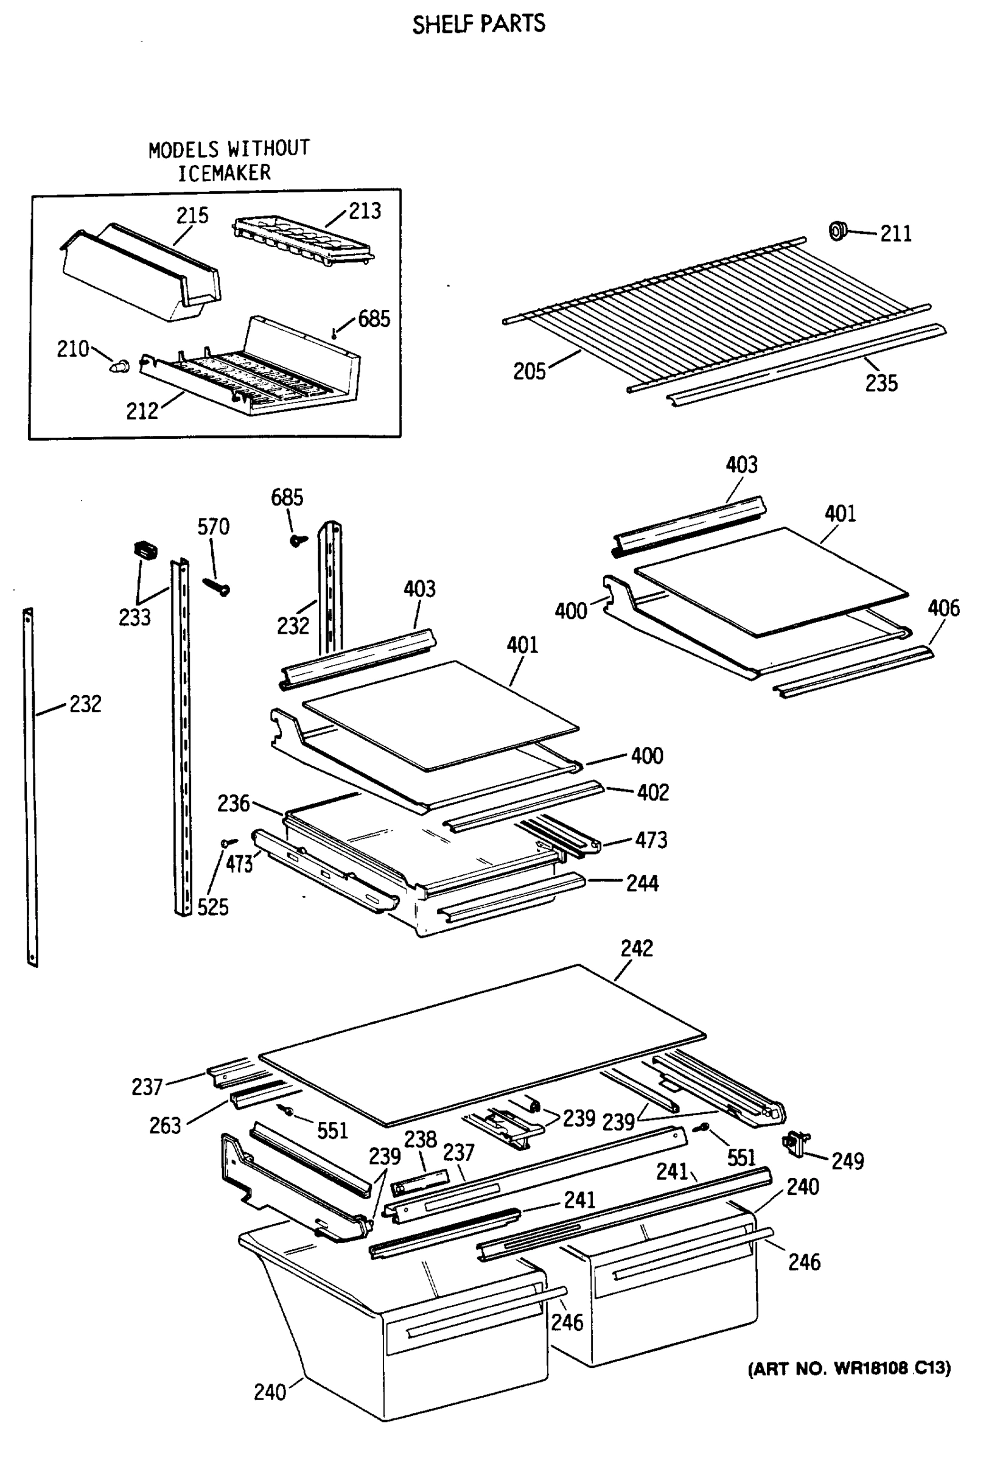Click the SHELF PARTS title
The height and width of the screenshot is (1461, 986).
[x=478, y=24]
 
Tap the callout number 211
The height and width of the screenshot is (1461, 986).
[x=895, y=234]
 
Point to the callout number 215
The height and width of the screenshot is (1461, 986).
[x=192, y=215]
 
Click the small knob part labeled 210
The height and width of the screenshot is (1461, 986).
[x=119, y=365]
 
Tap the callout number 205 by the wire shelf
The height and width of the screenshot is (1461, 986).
[x=529, y=371]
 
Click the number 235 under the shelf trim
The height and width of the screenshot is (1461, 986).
[x=881, y=383]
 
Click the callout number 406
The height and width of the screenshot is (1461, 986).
[x=943, y=608]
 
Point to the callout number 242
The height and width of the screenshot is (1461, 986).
[x=637, y=948]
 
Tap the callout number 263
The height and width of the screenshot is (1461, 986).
[x=165, y=1126]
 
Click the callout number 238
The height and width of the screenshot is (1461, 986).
[x=420, y=1138]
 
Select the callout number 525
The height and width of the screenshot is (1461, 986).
[x=212, y=907]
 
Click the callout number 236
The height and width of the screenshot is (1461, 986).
[x=233, y=804]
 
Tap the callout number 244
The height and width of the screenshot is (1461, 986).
[x=642, y=883]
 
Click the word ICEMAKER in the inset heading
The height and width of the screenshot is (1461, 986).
[x=225, y=173]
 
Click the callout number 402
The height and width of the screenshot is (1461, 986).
[x=652, y=792]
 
